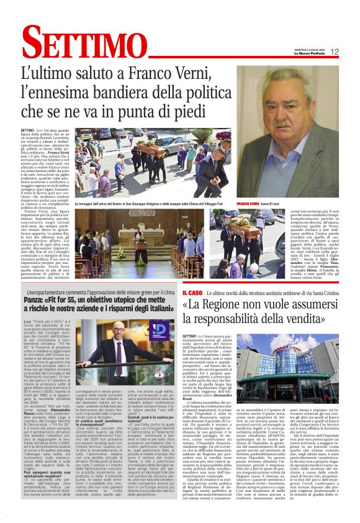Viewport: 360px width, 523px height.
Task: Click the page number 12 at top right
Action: pyautogui.click(x=335, y=52)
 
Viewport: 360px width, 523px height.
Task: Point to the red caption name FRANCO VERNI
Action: pyautogui.click(x=248, y=203)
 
